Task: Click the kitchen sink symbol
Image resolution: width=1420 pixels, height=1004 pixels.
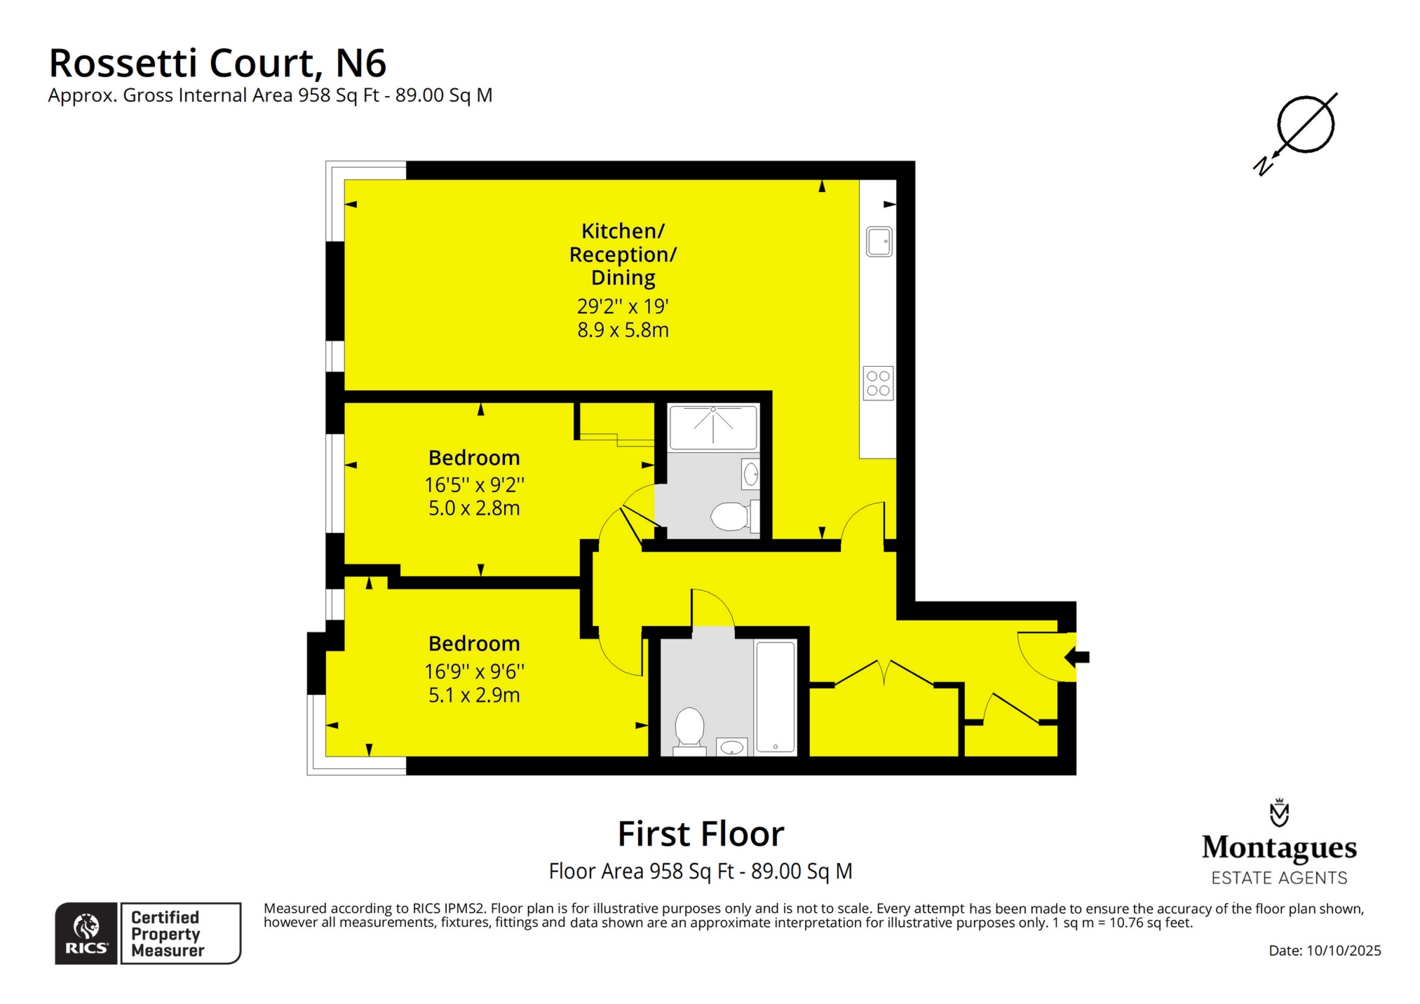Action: [879, 242]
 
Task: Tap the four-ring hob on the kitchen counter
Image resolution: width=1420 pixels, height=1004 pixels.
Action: [878, 384]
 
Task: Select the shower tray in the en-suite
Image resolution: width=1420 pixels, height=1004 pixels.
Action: [713, 427]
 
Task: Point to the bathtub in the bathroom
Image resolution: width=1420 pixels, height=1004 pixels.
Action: [776, 698]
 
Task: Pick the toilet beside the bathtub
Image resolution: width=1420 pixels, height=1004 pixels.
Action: [689, 731]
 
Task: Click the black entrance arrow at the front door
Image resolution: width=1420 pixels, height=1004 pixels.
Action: [1076, 658]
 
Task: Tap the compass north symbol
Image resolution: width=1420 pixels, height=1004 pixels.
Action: [1297, 133]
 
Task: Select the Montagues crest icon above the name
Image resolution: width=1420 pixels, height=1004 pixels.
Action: [1279, 813]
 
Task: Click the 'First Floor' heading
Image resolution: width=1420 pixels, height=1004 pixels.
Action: [701, 834]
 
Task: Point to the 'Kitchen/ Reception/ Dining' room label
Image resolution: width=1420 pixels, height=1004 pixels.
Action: [623, 254]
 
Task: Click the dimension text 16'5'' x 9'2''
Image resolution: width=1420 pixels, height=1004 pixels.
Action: [474, 484]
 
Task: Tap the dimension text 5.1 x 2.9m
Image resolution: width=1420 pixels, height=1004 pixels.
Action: [474, 695]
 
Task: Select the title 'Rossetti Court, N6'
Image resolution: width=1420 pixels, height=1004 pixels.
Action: [217, 63]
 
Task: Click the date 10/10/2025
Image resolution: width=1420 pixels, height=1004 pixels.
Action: [1344, 951]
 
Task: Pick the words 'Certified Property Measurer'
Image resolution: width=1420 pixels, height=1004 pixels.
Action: [168, 934]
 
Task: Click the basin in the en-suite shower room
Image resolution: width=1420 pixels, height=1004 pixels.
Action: [750, 474]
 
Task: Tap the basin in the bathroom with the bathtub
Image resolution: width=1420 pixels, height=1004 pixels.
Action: [732, 747]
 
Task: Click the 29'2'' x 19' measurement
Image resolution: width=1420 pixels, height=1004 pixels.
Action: [623, 306]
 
